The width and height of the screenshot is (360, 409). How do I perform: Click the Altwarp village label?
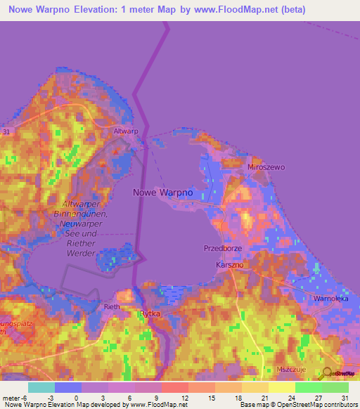pyautogui.click(x=126, y=131)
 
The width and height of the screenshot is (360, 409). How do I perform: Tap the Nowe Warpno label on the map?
pyautogui.click(x=163, y=191)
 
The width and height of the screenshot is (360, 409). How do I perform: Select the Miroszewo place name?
pyautogui.click(x=266, y=168)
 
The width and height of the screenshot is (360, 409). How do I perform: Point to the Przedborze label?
pyautogui.click(x=222, y=248)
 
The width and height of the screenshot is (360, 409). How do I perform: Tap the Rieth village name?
pyautogui.click(x=112, y=307)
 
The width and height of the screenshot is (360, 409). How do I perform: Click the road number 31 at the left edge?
pyautogui.click(x=6, y=131)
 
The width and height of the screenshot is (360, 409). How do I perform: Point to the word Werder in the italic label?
pyautogui.click(x=81, y=252)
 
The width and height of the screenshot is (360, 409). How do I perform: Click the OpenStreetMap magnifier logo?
pyautogui.click(x=326, y=372)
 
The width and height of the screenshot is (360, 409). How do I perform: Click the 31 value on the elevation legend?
pyautogui.click(x=344, y=397)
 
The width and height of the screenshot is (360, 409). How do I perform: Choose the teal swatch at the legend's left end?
pyautogui.click(x=41, y=387)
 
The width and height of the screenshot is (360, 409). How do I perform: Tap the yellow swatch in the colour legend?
pyautogui.click(x=281, y=387)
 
